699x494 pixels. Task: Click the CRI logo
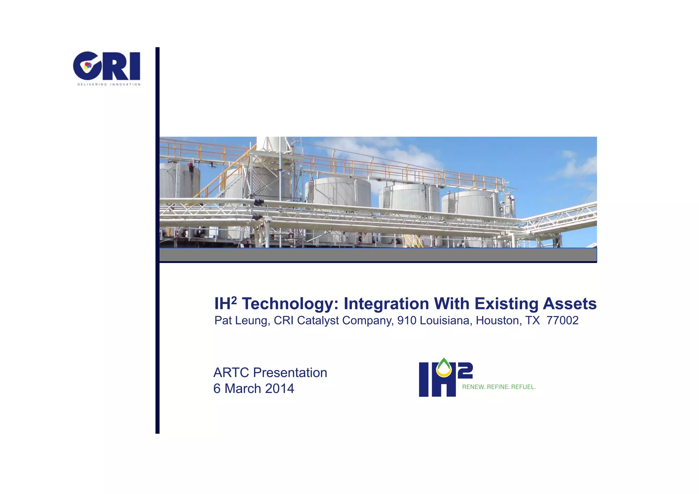[x=106, y=66]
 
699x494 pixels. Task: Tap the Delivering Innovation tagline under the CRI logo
[x=109, y=84]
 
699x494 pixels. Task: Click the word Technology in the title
[x=290, y=304]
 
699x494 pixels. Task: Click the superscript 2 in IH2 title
[x=234, y=299]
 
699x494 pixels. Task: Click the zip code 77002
[x=562, y=320]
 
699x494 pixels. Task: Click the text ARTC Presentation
[x=270, y=373]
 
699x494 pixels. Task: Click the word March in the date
[x=243, y=389]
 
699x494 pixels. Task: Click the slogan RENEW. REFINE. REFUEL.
[x=499, y=387]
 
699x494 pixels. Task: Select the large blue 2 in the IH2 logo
[x=465, y=371]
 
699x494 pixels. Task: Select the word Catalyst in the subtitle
[x=318, y=320]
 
